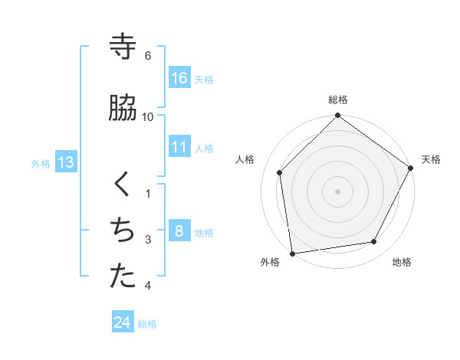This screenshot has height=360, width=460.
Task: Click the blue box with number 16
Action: coord(179,78)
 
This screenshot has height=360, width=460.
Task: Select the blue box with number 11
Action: coord(179,147)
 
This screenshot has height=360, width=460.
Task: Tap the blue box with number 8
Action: coord(179,231)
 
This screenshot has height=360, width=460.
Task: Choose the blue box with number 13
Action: coord(65,162)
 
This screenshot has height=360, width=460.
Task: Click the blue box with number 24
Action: coord(123,322)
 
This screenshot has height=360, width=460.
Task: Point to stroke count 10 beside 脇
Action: coord(148,116)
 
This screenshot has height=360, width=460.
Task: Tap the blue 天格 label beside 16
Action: coord(204,79)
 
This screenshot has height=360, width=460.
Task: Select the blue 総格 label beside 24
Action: coord(148,324)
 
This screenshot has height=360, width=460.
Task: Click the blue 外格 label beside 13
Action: coord(41,163)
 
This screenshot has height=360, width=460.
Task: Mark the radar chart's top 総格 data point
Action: coord(337,116)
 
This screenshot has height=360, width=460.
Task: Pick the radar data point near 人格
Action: coord(280,172)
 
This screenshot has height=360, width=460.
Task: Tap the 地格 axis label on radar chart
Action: coord(402,262)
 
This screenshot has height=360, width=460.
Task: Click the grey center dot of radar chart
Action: coord(337,191)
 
